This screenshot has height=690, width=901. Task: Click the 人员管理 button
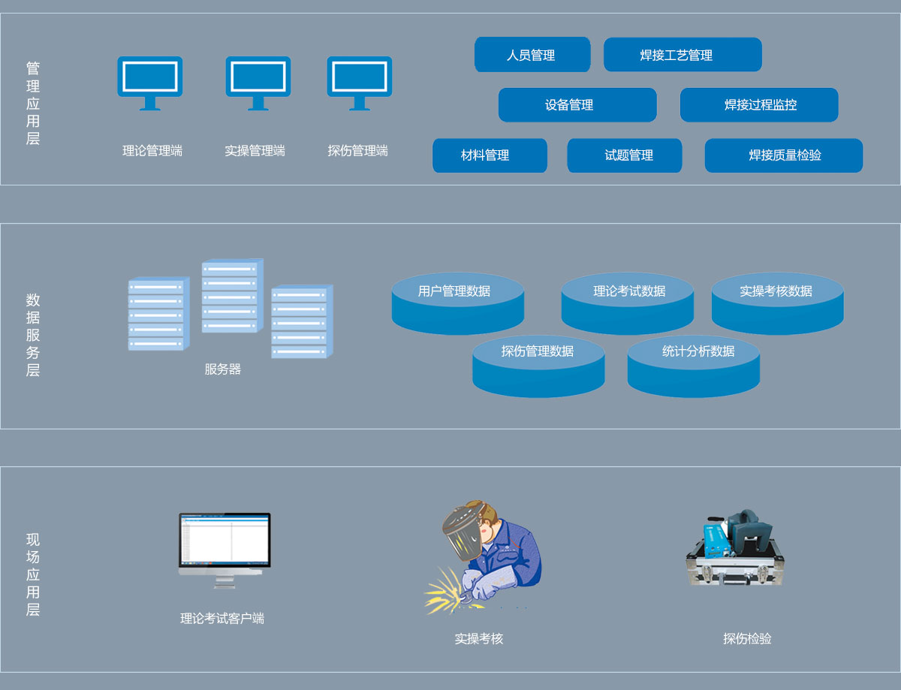tap(532, 55)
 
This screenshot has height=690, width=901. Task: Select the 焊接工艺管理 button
tap(683, 55)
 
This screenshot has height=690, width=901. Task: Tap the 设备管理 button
tap(577, 105)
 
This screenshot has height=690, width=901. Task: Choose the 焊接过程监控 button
tap(759, 105)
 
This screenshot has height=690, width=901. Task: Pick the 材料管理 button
tap(490, 155)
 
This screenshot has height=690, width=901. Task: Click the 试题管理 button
tap(624, 155)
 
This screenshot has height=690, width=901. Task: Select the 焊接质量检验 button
tap(783, 155)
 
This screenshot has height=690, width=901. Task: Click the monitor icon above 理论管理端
tap(150, 81)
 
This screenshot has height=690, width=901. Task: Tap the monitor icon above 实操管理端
tap(258, 81)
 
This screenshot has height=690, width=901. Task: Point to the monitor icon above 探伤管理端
tap(359, 81)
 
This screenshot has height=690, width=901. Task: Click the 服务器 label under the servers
tap(223, 369)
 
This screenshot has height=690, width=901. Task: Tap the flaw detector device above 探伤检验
tap(734, 548)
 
